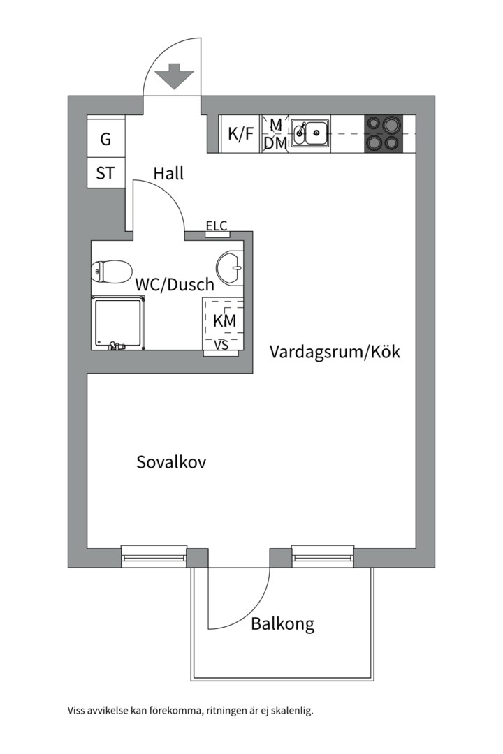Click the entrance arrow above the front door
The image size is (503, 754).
pos(173,75)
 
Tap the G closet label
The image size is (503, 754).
pos(105,139)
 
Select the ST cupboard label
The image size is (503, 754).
pos(105,173)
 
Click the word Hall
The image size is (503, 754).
pos(168,173)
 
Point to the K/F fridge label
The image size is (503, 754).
pos(241,134)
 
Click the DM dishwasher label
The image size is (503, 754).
pos(275,144)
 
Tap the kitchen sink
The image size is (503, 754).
pos(311,133)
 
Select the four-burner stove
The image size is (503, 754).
pos(384,133)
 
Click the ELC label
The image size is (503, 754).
pos(216,226)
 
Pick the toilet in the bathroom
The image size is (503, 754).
pos(112,271)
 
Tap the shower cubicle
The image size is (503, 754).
pos(118,322)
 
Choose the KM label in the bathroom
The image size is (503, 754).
pos(224,321)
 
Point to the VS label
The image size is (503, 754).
pos(221,345)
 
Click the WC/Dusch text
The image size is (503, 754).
pos(175,285)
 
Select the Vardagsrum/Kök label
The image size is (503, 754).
pos(335,352)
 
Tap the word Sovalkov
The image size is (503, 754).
pos(171,462)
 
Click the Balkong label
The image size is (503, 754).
pos(283,623)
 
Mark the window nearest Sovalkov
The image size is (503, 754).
pos(154,556)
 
